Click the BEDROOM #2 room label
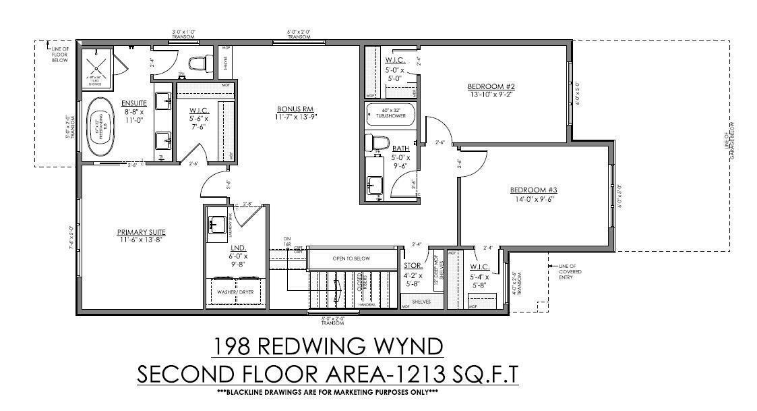[x=491, y=86]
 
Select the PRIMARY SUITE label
[x=140, y=232]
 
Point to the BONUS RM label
[x=296, y=109]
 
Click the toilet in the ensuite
[x=197, y=64]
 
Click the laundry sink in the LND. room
[x=217, y=225]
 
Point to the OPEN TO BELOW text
[x=352, y=258]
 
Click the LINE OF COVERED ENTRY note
[x=567, y=270]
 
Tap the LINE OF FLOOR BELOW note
[x=60, y=53]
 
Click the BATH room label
[x=400, y=148]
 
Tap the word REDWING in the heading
[x=315, y=346]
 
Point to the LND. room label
[x=236, y=248]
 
